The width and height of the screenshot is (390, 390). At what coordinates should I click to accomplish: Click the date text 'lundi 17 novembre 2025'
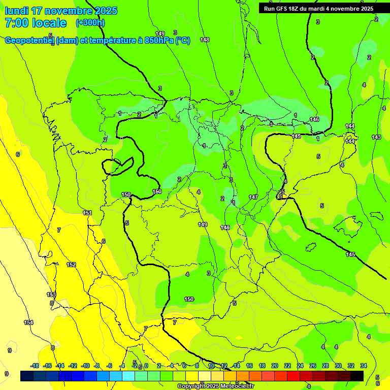pos(61,11)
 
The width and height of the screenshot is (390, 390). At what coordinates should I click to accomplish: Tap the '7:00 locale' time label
pos(36,23)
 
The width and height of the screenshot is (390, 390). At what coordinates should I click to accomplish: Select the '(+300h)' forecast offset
pos(90,23)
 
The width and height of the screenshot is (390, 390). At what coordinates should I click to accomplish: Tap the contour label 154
pos(28,322)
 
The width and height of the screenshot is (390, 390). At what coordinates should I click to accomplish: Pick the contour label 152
pos(71,265)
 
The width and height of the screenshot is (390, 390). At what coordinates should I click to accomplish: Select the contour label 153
pos(51,295)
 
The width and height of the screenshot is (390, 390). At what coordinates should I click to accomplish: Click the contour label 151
pos(87,213)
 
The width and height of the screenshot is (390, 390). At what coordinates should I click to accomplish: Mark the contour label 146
pos(314,119)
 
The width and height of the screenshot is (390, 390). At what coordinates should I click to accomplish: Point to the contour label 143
pos(376,137)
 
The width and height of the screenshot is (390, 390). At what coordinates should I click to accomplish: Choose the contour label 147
pos(253,197)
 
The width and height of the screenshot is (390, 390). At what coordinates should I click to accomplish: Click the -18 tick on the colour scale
pos(35,366)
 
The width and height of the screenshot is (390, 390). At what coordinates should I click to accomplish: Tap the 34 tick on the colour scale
pos(364,366)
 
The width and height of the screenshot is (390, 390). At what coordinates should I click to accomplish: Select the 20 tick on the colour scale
pos(275,366)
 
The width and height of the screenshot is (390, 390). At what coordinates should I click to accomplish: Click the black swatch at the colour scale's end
pos(357,376)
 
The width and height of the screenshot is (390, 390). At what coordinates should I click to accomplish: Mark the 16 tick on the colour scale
pos(249,366)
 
